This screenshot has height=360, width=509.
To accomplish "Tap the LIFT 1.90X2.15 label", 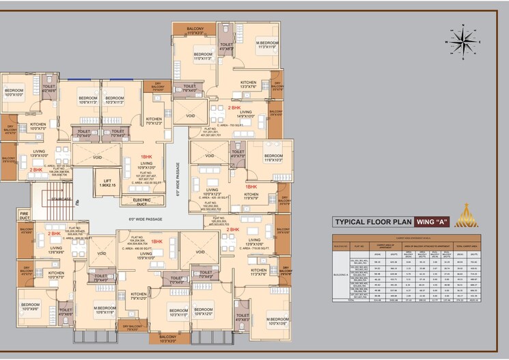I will (x=105, y=183).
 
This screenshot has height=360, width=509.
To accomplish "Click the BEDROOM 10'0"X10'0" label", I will (x=14, y=93).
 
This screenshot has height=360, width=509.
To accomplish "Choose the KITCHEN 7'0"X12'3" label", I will (x=154, y=121).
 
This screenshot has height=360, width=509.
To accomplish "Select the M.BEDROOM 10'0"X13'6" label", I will (x=278, y=321).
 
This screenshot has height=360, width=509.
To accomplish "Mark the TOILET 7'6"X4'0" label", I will (x=189, y=88).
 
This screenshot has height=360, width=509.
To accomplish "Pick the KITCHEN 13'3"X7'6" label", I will (x=248, y=85).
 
